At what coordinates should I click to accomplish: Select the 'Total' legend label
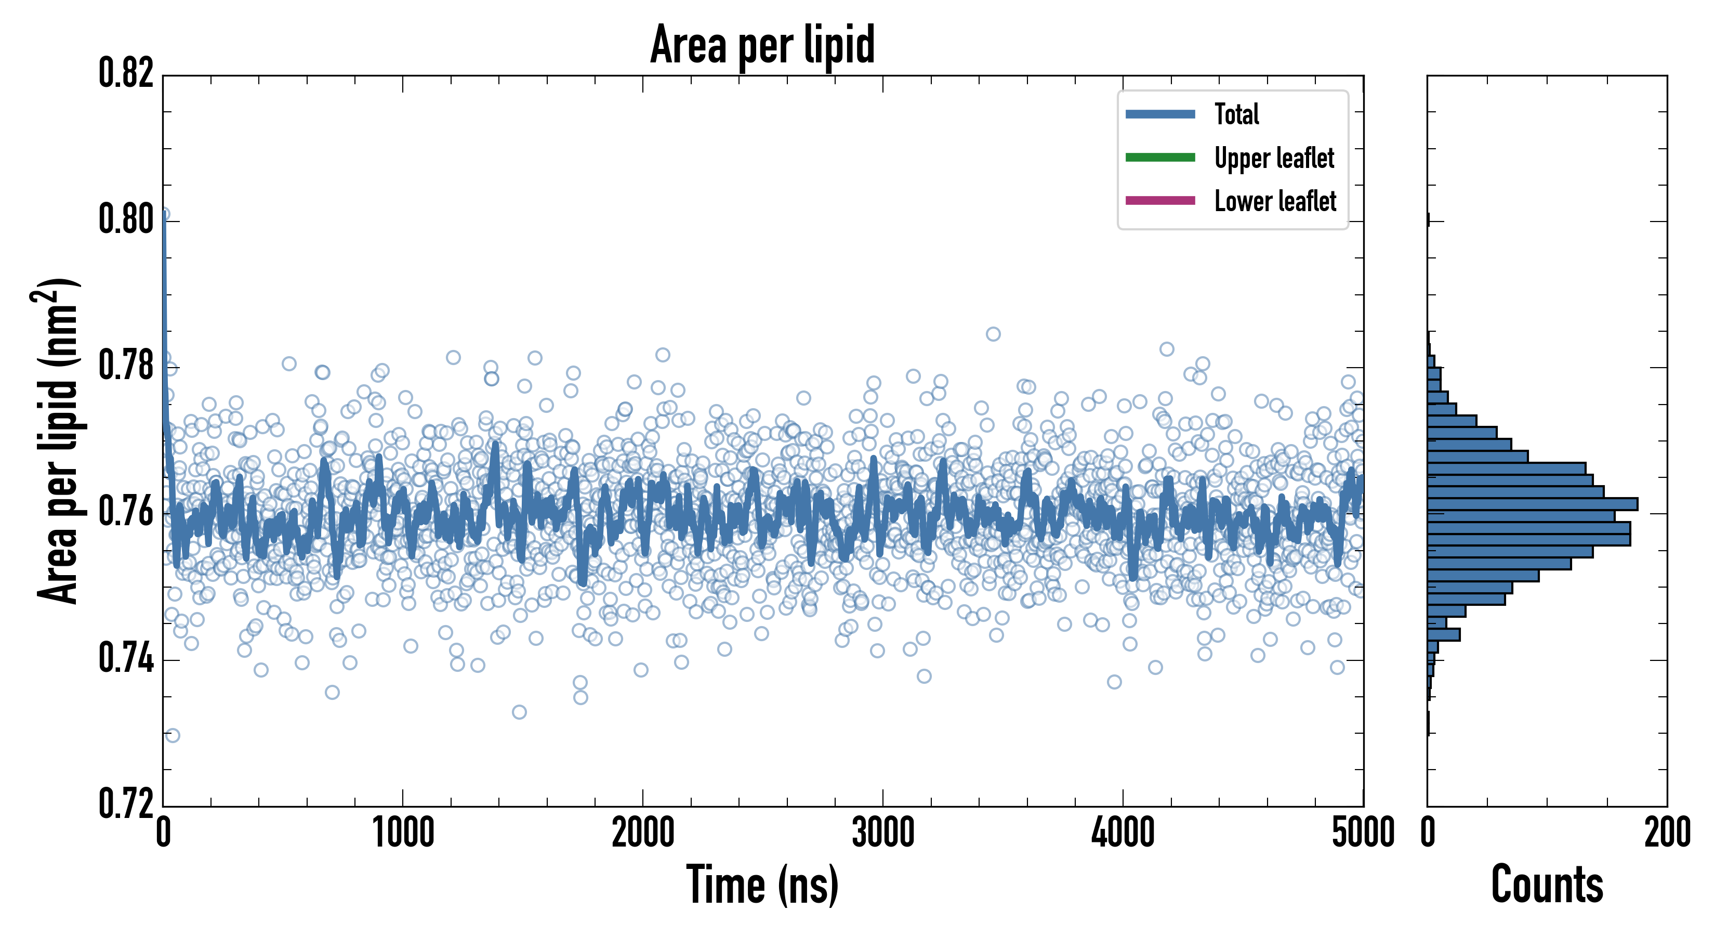1236,114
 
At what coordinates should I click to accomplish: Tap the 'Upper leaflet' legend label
1274,158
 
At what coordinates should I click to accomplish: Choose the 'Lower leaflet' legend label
1275,201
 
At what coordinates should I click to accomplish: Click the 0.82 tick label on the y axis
126,73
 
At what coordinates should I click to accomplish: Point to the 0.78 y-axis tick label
126,365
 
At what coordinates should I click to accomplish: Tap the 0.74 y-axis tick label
126,658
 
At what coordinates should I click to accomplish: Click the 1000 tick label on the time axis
403,833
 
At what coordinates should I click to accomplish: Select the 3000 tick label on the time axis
883,833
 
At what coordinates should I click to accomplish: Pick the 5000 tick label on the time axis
1363,833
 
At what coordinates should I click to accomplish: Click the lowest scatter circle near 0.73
173,735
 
